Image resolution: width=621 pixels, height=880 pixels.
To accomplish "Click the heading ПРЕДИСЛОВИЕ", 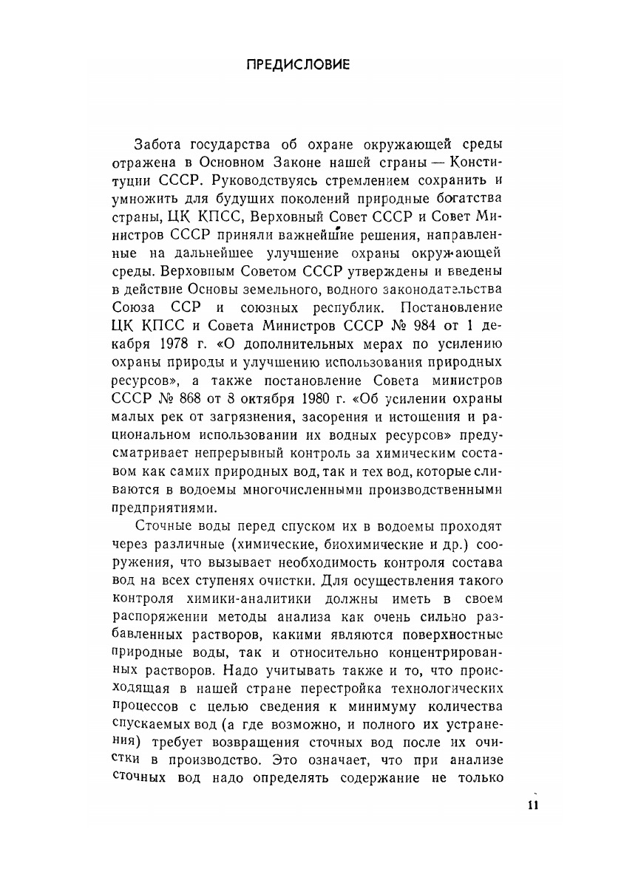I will (x=297, y=64).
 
